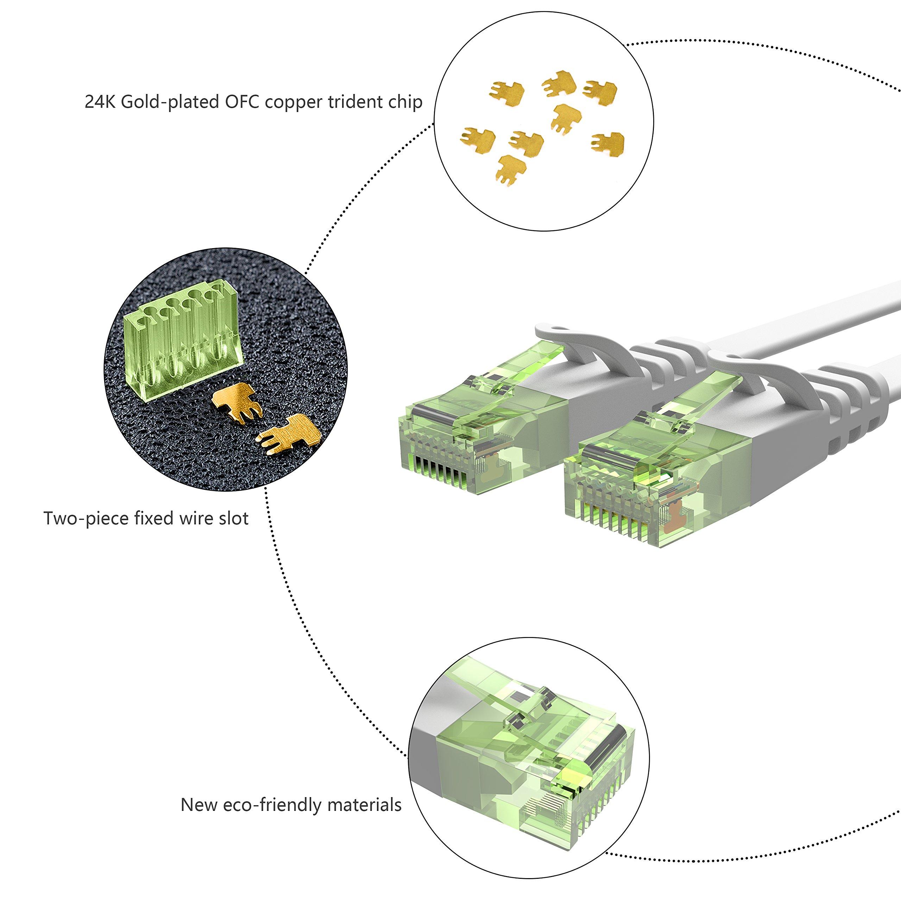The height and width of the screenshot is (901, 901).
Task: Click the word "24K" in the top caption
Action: click(100, 102)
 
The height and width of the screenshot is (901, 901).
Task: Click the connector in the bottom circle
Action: click(536, 765)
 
